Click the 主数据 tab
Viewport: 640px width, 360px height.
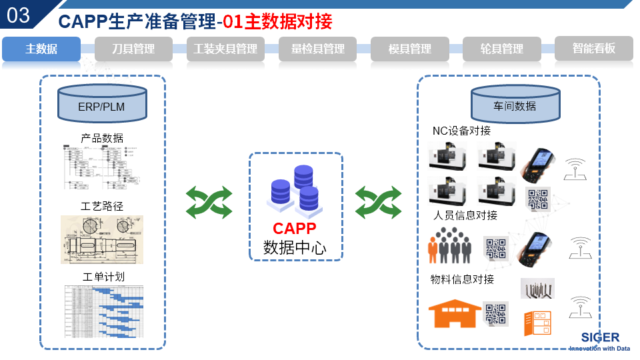(x=41, y=49)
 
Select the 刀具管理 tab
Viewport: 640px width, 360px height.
(x=133, y=49)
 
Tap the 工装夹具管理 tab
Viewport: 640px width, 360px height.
(x=225, y=49)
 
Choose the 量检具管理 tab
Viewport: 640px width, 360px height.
(x=318, y=49)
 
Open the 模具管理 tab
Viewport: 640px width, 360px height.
(x=410, y=49)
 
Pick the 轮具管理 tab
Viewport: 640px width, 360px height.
(x=502, y=49)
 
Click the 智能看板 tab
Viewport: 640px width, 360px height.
(x=593, y=49)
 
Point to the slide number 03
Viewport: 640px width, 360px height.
(x=18, y=15)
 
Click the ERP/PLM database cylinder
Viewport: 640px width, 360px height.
(x=101, y=105)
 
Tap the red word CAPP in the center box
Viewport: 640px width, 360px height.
(x=294, y=229)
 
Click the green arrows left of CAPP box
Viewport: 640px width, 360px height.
(x=209, y=202)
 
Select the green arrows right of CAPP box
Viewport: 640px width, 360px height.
(x=378, y=202)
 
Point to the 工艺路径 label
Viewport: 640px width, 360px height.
(x=102, y=206)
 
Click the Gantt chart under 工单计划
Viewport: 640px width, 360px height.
(x=103, y=311)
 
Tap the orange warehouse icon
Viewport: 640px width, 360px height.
(x=454, y=313)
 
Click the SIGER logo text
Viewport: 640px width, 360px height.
(x=599, y=337)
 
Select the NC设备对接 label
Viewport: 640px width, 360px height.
(x=461, y=131)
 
